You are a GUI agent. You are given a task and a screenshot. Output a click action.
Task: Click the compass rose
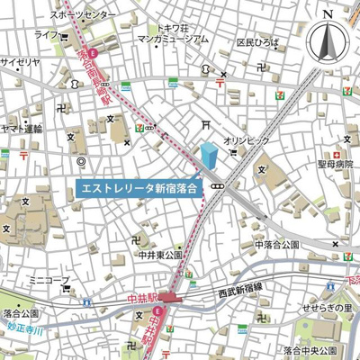click(x=327, y=40)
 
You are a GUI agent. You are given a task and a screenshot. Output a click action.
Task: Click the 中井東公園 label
click(x=159, y=254)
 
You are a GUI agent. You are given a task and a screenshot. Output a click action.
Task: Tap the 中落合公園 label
click(x=277, y=244)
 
